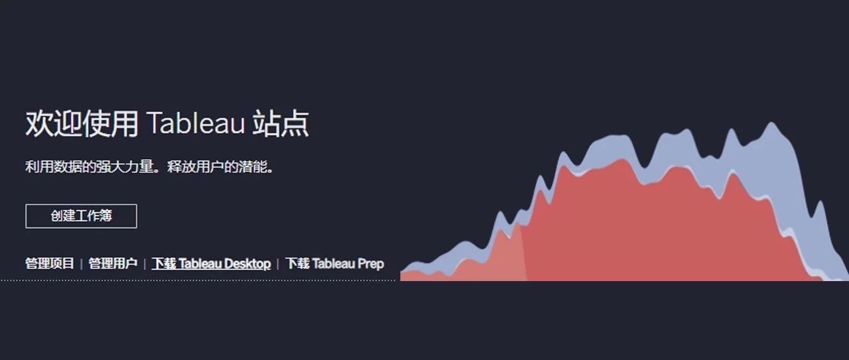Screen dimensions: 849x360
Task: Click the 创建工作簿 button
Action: tap(81, 216)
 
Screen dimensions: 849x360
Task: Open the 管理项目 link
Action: tap(50, 263)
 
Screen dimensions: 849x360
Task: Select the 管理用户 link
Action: tap(113, 263)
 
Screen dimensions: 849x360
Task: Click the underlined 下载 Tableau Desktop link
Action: tap(212, 264)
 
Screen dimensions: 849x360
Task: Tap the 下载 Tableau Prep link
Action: tap(335, 264)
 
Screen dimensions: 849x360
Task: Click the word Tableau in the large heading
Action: tap(195, 123)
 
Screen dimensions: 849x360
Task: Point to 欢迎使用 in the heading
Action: tap(82, 123)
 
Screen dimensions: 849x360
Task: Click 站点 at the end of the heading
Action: tap(281, 123)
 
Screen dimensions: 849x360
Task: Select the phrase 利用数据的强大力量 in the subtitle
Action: tap(90, 166)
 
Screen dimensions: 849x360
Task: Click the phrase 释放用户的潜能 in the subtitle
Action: tap(217, 166)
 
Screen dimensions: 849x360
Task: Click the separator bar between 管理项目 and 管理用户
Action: tap(82, 264)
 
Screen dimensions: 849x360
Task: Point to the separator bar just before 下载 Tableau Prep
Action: tap(278, 264)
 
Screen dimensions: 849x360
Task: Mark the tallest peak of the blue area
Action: tap(771, 123)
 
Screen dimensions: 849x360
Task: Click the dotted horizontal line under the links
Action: tap(198, 280)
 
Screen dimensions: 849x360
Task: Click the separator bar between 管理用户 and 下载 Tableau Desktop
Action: tap(145, 264)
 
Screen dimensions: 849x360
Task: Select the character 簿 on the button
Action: tap(106, 216)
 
